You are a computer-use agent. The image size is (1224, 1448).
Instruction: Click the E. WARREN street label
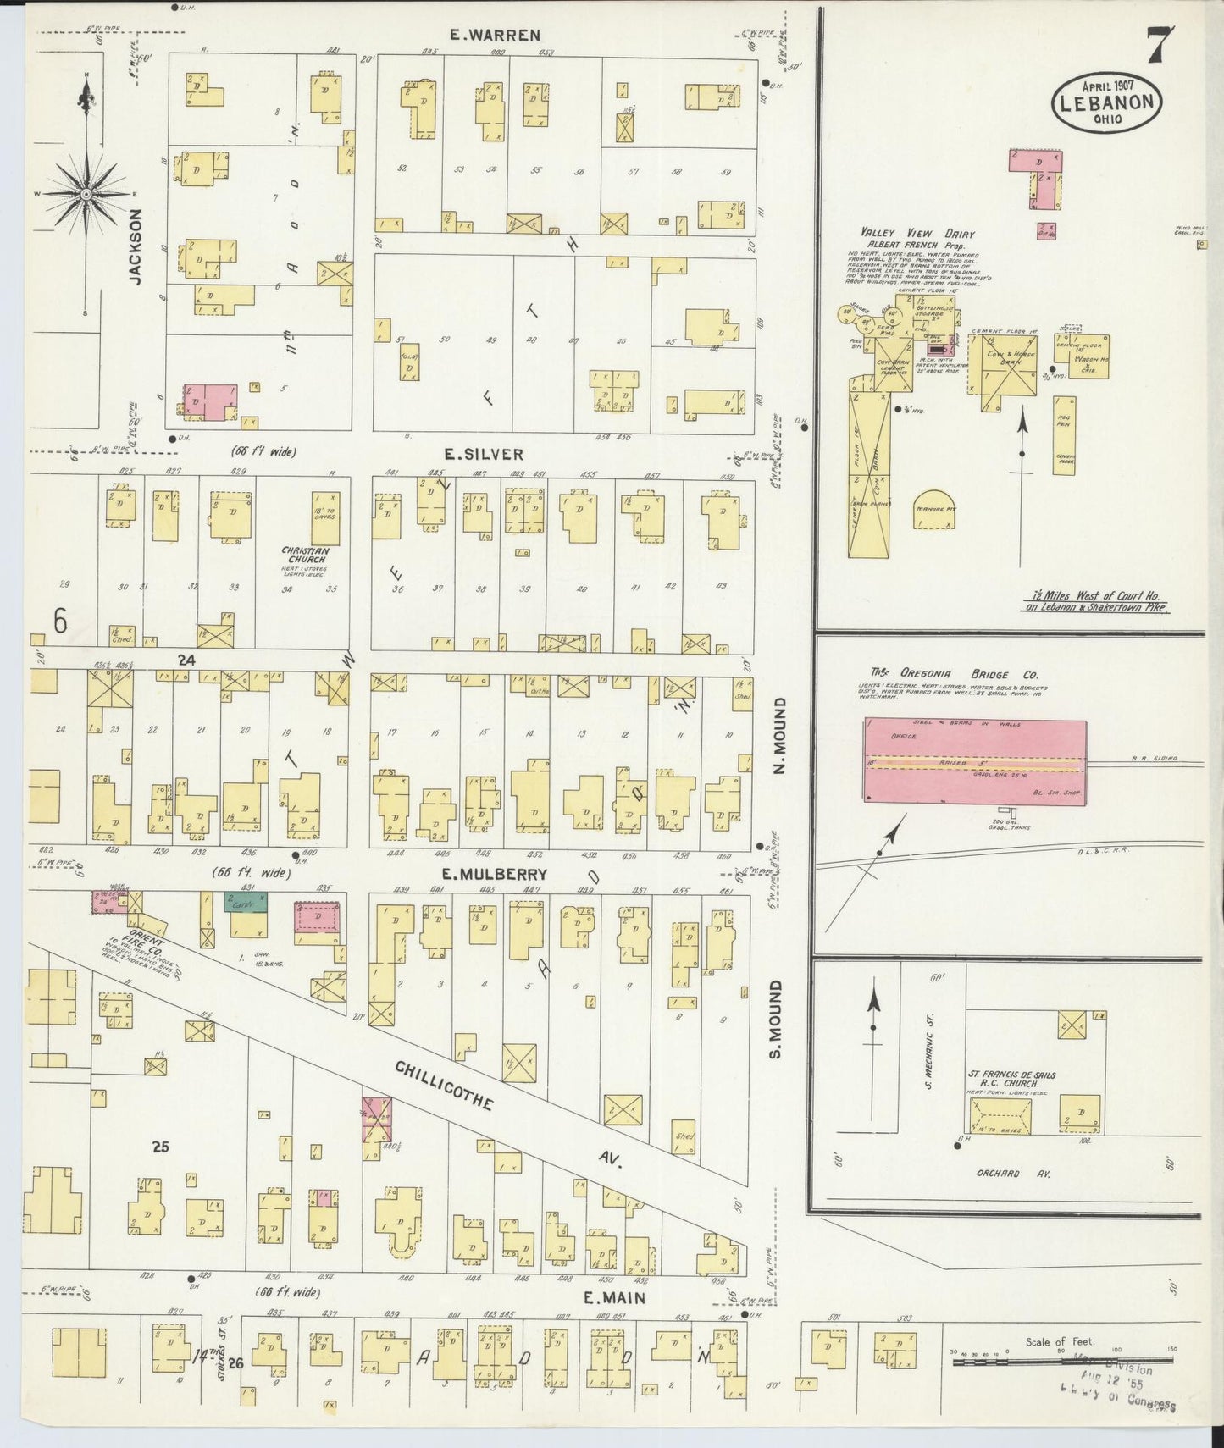pos(495,35)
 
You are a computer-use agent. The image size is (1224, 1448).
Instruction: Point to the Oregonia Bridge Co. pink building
pos(974,760)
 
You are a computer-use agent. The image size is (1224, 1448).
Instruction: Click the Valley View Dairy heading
pos(917,234)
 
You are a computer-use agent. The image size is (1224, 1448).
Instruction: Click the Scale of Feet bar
pos(1063,1362)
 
